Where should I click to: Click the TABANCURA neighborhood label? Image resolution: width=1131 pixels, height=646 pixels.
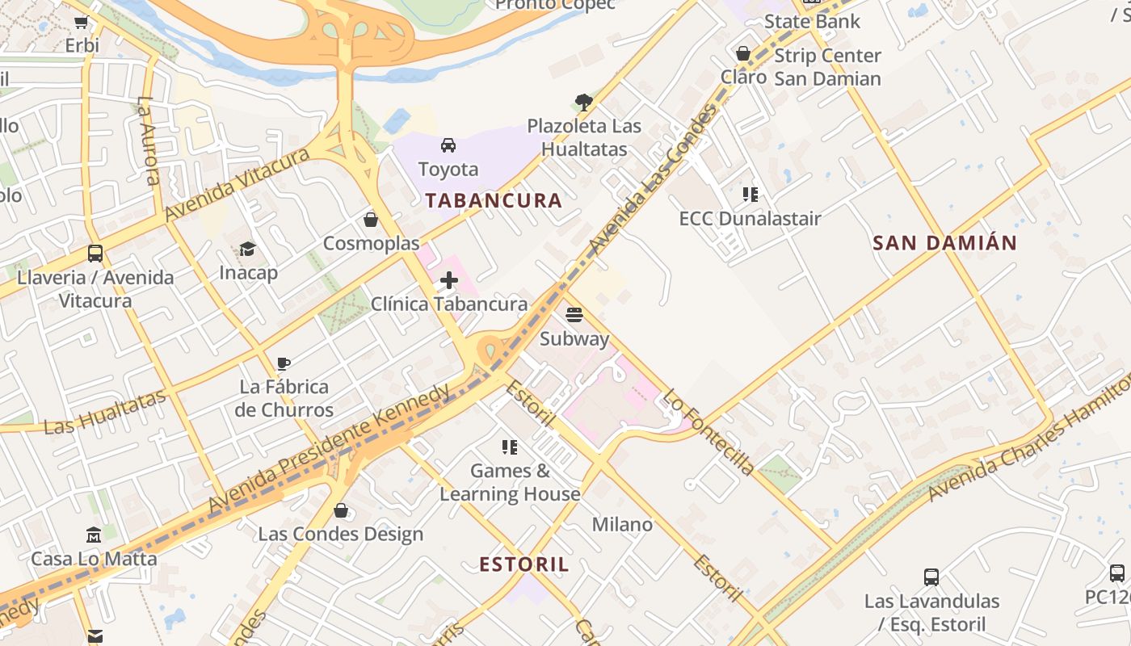coord(494,201)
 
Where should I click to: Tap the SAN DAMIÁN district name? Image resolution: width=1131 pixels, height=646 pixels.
coord(944,243)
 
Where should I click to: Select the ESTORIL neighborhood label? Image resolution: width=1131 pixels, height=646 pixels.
coord(524,564)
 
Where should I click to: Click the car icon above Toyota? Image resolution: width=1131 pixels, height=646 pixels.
coord(448,145)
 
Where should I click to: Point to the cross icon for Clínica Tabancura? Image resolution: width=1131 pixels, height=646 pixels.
coord(449,280)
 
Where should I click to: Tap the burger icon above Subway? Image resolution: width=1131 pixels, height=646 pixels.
coord(574,315)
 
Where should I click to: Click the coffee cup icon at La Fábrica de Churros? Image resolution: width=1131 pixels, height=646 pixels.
coord(284,363)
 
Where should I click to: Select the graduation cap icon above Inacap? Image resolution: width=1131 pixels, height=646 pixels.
coord(248,249)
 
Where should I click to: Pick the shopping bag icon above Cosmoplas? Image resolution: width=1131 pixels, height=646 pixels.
coord(371,220)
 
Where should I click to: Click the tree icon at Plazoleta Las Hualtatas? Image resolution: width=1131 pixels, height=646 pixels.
coord(584,103)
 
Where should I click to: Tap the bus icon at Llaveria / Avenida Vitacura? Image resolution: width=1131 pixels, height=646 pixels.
coord(95,254)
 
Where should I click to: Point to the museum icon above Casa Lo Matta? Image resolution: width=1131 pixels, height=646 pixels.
coord(94,535)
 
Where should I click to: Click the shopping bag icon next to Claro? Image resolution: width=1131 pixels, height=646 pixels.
coord(743,54)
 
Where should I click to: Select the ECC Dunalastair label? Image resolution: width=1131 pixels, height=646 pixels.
coord(750,219)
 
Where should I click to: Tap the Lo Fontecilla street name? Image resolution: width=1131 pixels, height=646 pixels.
coord(708,433)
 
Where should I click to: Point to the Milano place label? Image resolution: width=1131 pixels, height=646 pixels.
coord(622,525)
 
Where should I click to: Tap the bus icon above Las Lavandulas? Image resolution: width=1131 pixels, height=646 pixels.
coord(931,577)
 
